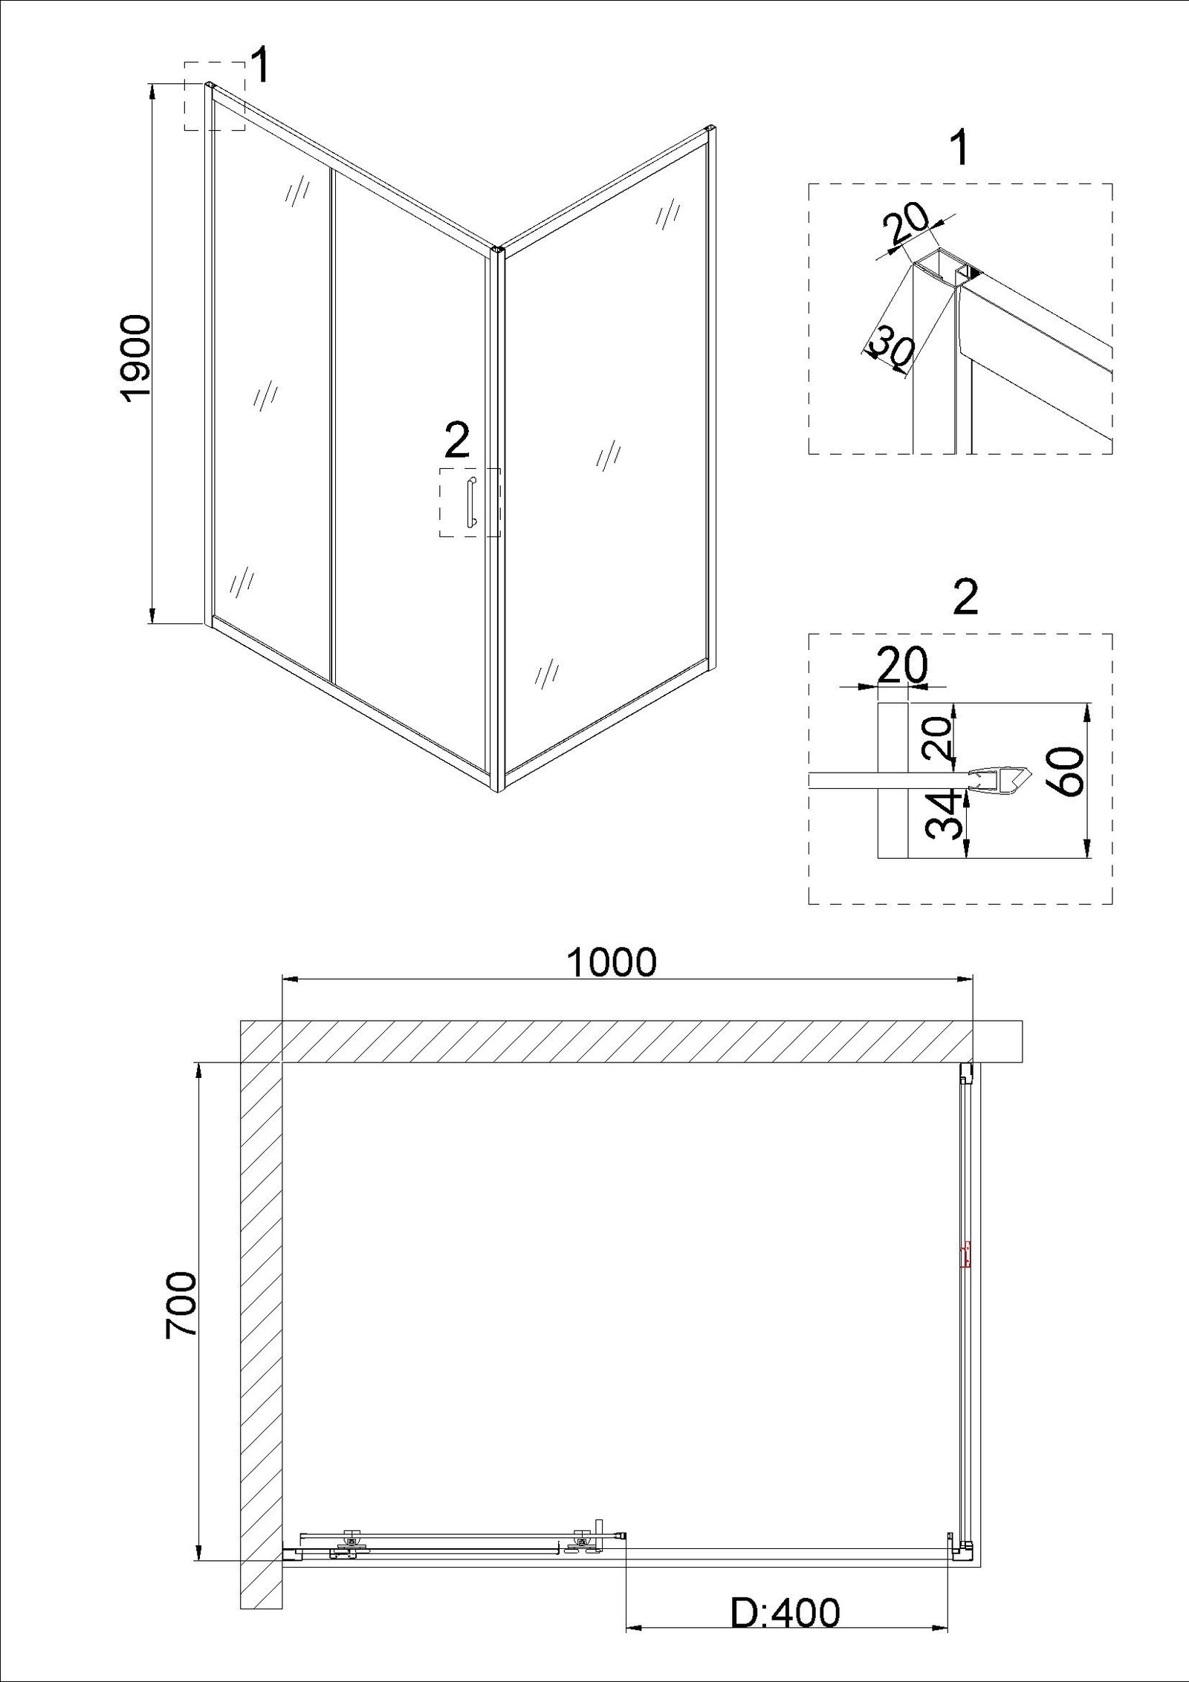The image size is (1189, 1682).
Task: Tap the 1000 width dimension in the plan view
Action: [x=612, y=962]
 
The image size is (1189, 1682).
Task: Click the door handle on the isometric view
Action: [x=470, y=504]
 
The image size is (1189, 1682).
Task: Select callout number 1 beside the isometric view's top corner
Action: [x=261, y=66]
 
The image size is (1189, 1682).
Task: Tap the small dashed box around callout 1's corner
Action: [x=215, y=97]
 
